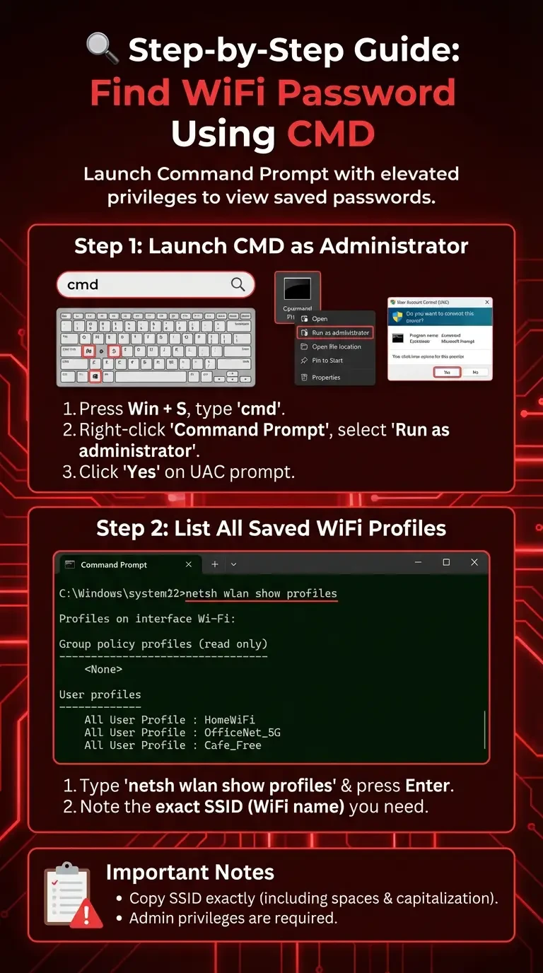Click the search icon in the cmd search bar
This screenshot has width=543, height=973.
pos(238,285)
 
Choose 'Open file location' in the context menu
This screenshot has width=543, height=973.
pos(336,346)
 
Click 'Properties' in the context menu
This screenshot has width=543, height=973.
pos(326,378)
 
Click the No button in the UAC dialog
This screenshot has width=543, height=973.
pos(475,372)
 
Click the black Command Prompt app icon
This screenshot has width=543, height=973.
pos(297,290)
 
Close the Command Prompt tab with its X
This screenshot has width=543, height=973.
pos(189,564)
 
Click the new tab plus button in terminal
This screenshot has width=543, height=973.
pos(215,564)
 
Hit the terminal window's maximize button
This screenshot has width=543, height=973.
pos(446,563)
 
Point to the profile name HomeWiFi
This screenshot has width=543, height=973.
pos(229,720)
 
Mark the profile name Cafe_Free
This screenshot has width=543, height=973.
pos(233,745)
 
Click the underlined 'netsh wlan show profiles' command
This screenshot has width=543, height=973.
pos(261,593)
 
